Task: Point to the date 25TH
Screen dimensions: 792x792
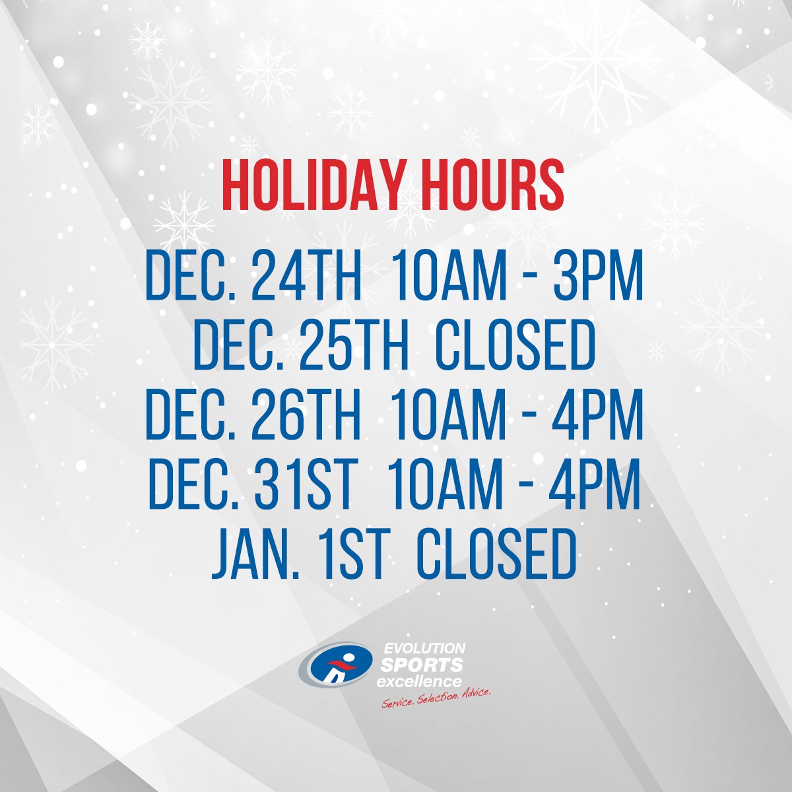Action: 354,345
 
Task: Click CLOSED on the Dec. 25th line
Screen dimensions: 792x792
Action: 515,345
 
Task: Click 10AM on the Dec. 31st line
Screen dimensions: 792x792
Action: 446,484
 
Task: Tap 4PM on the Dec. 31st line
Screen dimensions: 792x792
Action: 597,484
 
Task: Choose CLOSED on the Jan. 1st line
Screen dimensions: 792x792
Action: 496,554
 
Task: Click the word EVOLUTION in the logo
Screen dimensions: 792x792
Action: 425,649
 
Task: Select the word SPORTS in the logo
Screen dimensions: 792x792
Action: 423,665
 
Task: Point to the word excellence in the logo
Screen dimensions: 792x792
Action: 419,680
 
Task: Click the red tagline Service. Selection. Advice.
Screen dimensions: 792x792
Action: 438,698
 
